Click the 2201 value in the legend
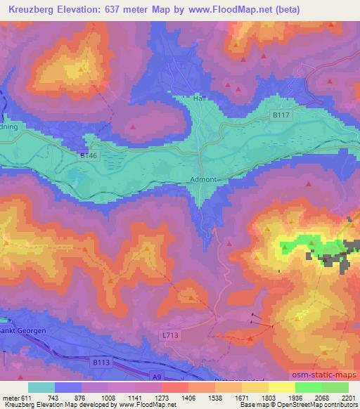(347, 398)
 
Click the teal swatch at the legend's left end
(41, 387)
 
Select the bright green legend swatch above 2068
(309, 387)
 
